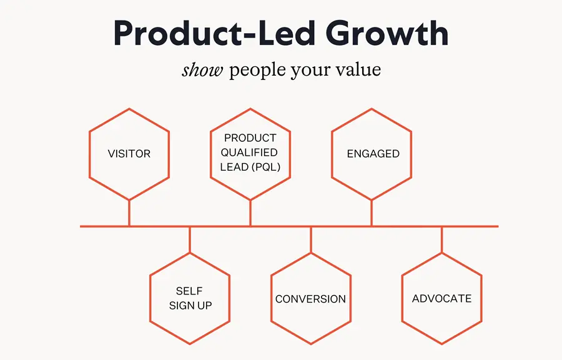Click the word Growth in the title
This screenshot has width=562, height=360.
[387, 33]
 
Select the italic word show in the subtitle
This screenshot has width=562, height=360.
[202, 69]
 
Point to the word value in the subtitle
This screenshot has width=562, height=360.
[358, 69]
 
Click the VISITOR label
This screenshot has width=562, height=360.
[129, 154]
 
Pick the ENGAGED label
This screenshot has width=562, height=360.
[373, 154]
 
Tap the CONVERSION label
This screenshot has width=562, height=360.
[310, 299]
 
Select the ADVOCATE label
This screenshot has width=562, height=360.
[441, 298]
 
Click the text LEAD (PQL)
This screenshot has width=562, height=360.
[250, 167]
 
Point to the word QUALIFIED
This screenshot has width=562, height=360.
[249, 152]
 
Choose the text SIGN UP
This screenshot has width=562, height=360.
[190, 306]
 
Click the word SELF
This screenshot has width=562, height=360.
[189, 291]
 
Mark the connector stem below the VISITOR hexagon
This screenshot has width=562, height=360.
[129, 213]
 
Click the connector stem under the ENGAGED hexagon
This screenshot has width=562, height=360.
[372, 213]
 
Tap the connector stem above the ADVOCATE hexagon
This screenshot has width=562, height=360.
[441, 240]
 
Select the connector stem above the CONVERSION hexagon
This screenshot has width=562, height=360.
[311, 240]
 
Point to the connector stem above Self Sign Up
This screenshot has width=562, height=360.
[190, 240]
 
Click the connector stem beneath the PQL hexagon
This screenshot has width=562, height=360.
[250, 213]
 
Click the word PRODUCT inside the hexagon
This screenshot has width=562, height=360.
[250, 137]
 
